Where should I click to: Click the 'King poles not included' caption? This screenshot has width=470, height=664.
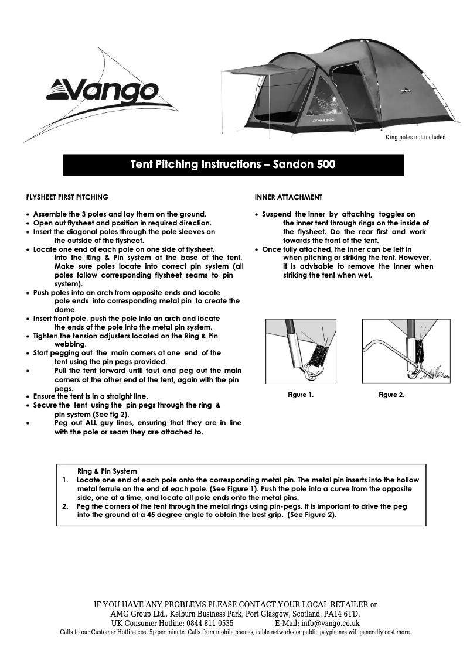click(x=415, y=138)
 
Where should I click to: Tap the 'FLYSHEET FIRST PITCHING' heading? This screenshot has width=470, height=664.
click(x=67, y=197)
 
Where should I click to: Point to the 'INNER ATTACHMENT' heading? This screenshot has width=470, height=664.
click(x=288, y=197)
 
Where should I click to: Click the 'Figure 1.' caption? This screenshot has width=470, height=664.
click(x=301, y=395)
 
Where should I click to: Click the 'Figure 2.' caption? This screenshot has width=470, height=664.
click(x=391, y=395)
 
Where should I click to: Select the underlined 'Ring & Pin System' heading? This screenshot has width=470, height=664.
click(x=107, y=471)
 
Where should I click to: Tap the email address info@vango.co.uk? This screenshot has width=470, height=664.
click(x=331, y=624)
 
